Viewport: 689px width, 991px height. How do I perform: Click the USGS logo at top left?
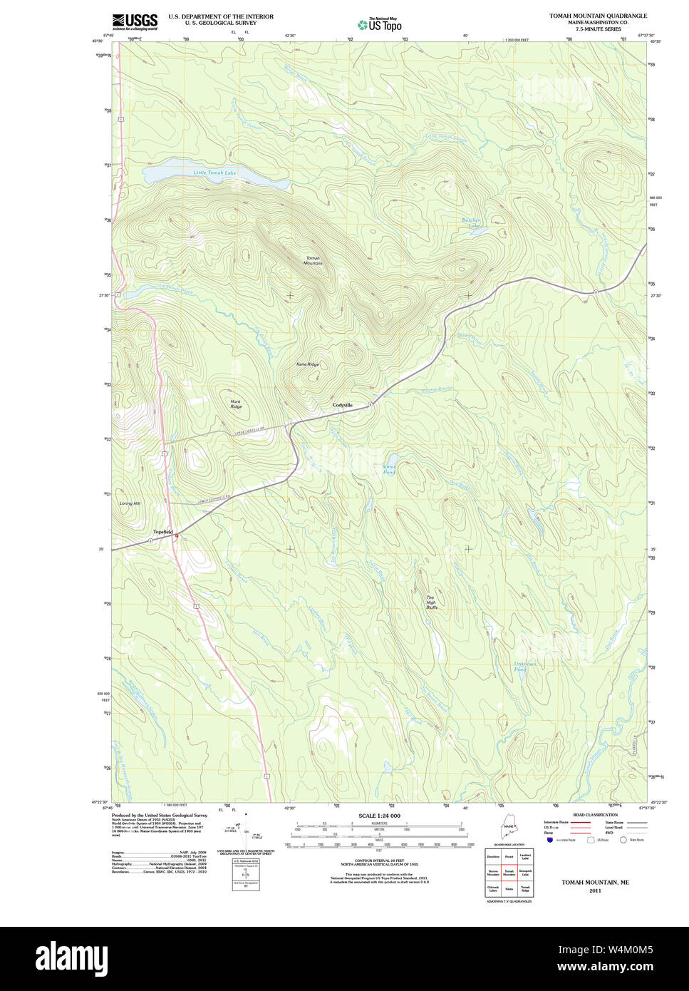(x=135, y=21)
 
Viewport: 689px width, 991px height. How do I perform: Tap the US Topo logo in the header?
(x=379, y=24)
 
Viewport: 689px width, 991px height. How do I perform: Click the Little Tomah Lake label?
(x=214, y=173)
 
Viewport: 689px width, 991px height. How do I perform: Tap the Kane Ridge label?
(x=308, y=364)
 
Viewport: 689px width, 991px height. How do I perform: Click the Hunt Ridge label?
(x=236, y=404)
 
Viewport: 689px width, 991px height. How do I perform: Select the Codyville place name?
(x=343, y=405)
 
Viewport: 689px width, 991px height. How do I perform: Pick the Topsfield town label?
(x=163, y=532)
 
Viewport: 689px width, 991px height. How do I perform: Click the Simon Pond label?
(x=389, y=469)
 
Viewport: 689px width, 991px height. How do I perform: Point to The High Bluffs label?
(x=431, y=602)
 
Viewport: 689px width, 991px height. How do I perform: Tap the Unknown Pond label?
(x=524, y=667)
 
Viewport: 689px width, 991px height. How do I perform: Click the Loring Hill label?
(x=130, y=504)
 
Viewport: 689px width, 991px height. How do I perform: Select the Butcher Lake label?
(x=471, y=222)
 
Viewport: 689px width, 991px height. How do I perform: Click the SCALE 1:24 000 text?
(x=379, y=816)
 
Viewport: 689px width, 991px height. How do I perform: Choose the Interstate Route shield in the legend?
(x=549, y=841)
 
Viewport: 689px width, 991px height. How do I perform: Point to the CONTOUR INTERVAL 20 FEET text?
(x=379, y=861)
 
